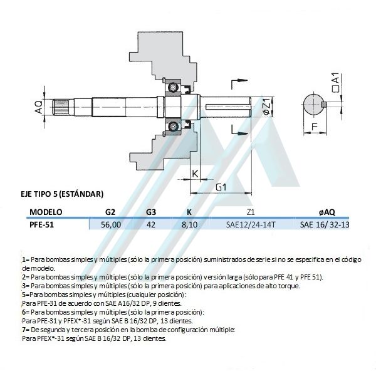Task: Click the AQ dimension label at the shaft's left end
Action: (39, 107)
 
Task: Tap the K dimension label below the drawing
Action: (196, 173)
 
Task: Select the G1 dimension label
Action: (221, 187)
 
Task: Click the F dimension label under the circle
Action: (314, 127)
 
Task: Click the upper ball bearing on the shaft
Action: (173, 87)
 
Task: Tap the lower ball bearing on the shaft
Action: (173, 126)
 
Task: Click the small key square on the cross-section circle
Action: (324, 104)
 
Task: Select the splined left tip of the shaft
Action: (60, 107)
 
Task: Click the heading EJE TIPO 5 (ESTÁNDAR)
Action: (62, 194)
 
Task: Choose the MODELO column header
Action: (46, 212)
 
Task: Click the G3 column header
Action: (151, 212)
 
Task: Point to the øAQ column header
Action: (327, 212)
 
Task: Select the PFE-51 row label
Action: (42, 225)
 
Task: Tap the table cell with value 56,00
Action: (111, 225)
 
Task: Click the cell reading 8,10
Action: (189, 225)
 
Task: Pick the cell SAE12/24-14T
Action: (251, 225)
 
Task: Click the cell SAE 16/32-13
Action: (325, 225)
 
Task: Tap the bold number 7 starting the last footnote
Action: (24, 330)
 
